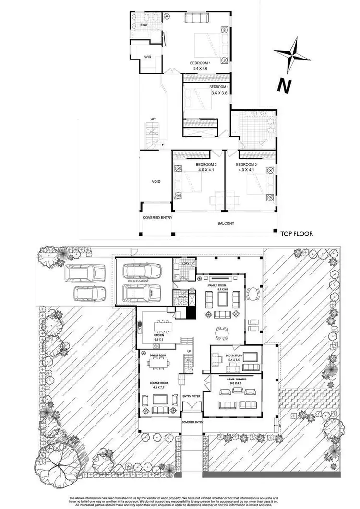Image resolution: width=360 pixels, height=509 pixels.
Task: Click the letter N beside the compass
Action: [285, 85]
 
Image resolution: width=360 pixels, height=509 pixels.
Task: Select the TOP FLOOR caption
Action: [297, 234]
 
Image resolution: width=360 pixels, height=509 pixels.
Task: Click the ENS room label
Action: [144, 25]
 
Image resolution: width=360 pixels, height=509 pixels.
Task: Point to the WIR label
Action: [148, 57]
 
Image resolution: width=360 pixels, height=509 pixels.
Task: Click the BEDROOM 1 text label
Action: [200, 63]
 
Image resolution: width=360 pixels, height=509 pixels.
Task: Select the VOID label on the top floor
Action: [156, 181]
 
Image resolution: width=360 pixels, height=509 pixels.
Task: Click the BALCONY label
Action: [225, 223]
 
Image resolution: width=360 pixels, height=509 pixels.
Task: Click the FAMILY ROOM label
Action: [216, 285]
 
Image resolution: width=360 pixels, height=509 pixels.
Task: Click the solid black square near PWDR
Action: [192, 312]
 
